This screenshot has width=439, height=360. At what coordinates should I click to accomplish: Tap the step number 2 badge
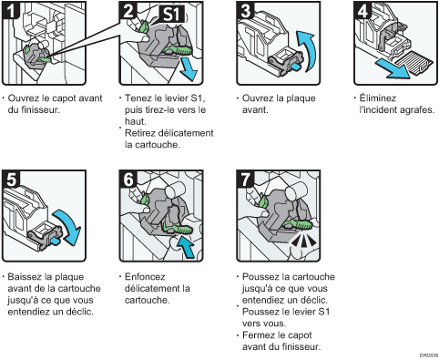(129, 12)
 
